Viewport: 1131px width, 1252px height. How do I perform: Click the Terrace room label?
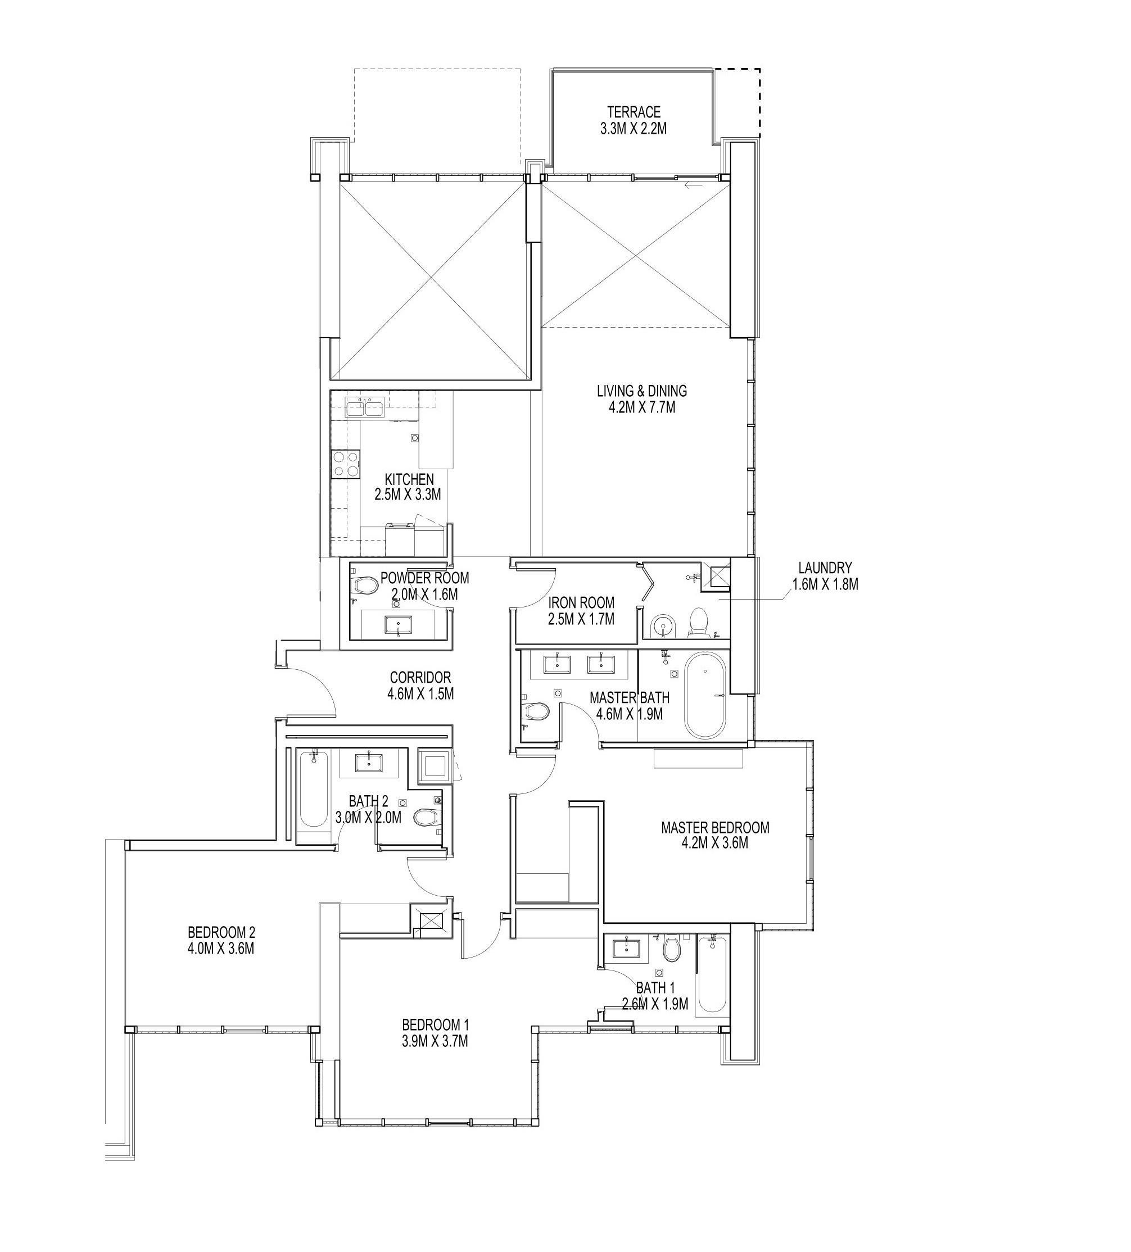point(634,120)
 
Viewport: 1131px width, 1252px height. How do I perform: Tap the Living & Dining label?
point(641,399)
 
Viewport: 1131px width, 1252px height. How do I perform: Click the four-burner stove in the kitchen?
point(345,463)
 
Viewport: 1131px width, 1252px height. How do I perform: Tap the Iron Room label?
point(581,610)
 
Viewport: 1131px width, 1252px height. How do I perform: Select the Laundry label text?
point(825,575)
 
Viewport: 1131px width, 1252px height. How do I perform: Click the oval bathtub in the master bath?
point(704,695)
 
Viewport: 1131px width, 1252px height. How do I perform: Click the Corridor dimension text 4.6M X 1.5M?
point(420,693)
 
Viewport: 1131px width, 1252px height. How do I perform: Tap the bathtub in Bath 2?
point(313,789)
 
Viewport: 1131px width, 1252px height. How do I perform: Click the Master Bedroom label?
point(715,834)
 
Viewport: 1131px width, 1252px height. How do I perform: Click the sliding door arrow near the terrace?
point(694,184)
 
